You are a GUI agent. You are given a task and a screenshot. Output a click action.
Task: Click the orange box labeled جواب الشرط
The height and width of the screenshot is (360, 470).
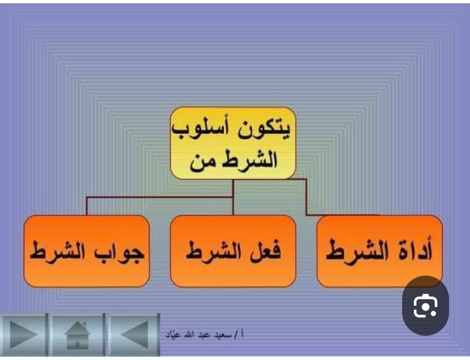[x=87, y=251]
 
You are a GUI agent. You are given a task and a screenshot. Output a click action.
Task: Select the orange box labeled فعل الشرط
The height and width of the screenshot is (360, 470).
[x=233, y=251]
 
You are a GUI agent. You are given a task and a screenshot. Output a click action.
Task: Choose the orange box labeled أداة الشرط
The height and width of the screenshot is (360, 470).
[x=379, y=251]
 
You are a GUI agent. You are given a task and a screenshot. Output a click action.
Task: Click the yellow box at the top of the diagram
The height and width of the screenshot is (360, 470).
[x=233, y=143]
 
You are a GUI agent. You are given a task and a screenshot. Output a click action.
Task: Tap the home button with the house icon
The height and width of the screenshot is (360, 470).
[x=77, y=335]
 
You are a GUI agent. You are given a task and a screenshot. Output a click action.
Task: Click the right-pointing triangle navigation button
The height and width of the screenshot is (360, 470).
[x=23, y=335]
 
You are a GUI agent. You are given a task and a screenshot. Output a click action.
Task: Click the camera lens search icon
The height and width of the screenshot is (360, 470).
[x=426, y=306]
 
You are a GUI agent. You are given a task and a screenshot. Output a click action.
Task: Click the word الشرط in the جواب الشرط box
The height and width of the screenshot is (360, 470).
[x=61, y=252]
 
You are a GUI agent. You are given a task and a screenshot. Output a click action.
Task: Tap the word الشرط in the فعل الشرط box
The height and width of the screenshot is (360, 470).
[x=213, y=252]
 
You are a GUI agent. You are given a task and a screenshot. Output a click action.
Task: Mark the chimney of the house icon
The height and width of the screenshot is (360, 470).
[x=85, y=325]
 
